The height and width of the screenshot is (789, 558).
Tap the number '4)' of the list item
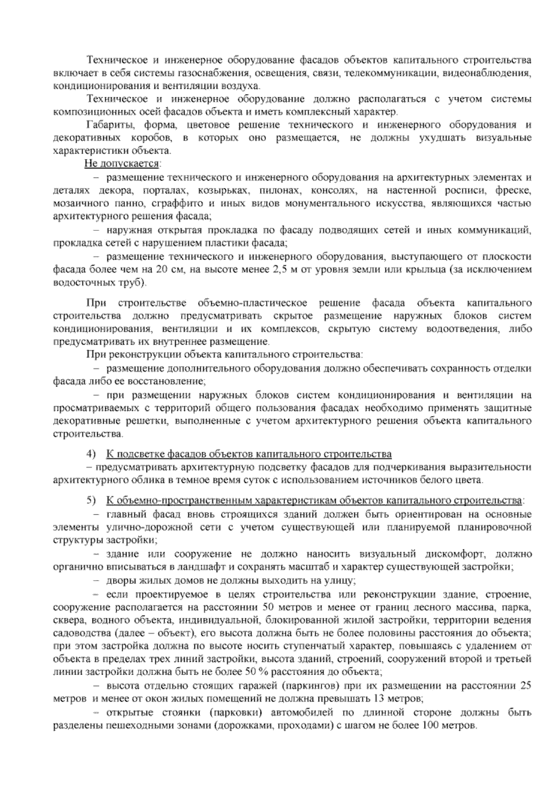[91, 454]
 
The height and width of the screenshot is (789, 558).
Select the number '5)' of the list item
[91, 501]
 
